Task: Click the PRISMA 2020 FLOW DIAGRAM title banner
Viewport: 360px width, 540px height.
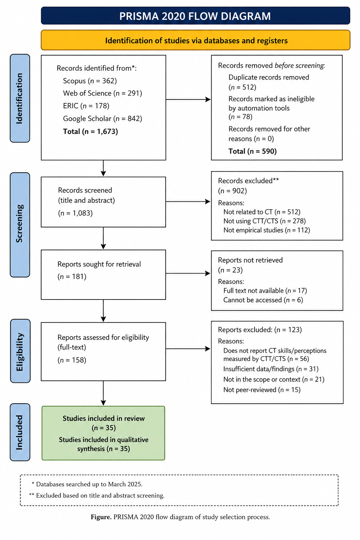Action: (195, 16)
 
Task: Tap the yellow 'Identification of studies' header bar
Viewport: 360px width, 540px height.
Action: (195, 40)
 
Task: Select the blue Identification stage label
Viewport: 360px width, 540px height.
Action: (20, 98)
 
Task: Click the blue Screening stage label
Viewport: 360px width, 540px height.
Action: (20, 225)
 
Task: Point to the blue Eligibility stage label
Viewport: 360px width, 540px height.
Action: (20, 351)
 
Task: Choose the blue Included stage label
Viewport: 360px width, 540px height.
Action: (20, 432)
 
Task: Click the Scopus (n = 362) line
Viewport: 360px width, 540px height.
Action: (90, 81)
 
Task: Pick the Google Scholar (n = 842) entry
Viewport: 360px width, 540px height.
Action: (102, 118)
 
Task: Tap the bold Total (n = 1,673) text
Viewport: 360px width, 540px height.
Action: (90, 131)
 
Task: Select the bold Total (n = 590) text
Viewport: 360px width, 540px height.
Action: (252, 151)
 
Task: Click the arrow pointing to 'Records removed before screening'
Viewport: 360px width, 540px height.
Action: (188, 99)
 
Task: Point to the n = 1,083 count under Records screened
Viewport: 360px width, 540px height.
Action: (75, 213)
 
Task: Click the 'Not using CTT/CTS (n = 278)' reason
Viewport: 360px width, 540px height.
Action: (264, 221)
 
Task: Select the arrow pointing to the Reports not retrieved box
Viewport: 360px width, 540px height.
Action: (188, 274)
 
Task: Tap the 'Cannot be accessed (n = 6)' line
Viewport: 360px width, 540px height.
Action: (263, 300)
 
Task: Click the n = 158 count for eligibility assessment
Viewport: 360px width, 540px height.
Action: (72, 360)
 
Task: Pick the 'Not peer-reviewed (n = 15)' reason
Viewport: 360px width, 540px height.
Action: (262, 390)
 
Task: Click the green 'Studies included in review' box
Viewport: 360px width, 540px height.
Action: (103, 433)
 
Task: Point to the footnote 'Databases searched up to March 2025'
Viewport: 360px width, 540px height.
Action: (87, 484)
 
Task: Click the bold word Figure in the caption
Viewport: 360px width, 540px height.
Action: (101, 517)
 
